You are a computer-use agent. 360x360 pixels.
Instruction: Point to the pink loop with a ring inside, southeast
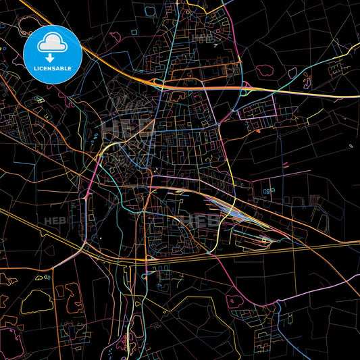(234, 299)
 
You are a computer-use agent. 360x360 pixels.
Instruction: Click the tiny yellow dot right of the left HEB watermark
(100, 238)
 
